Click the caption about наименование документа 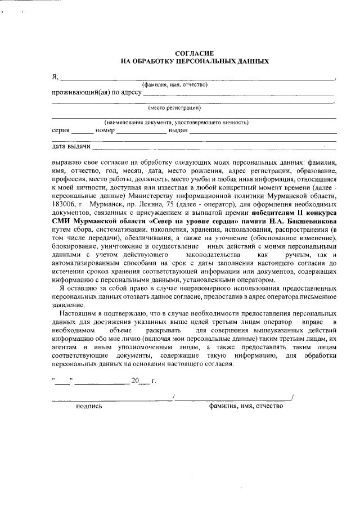tap(176, 122)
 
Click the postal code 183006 tap(65, 205)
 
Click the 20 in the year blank tap(134, 381)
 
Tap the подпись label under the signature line tap(89, 406)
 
